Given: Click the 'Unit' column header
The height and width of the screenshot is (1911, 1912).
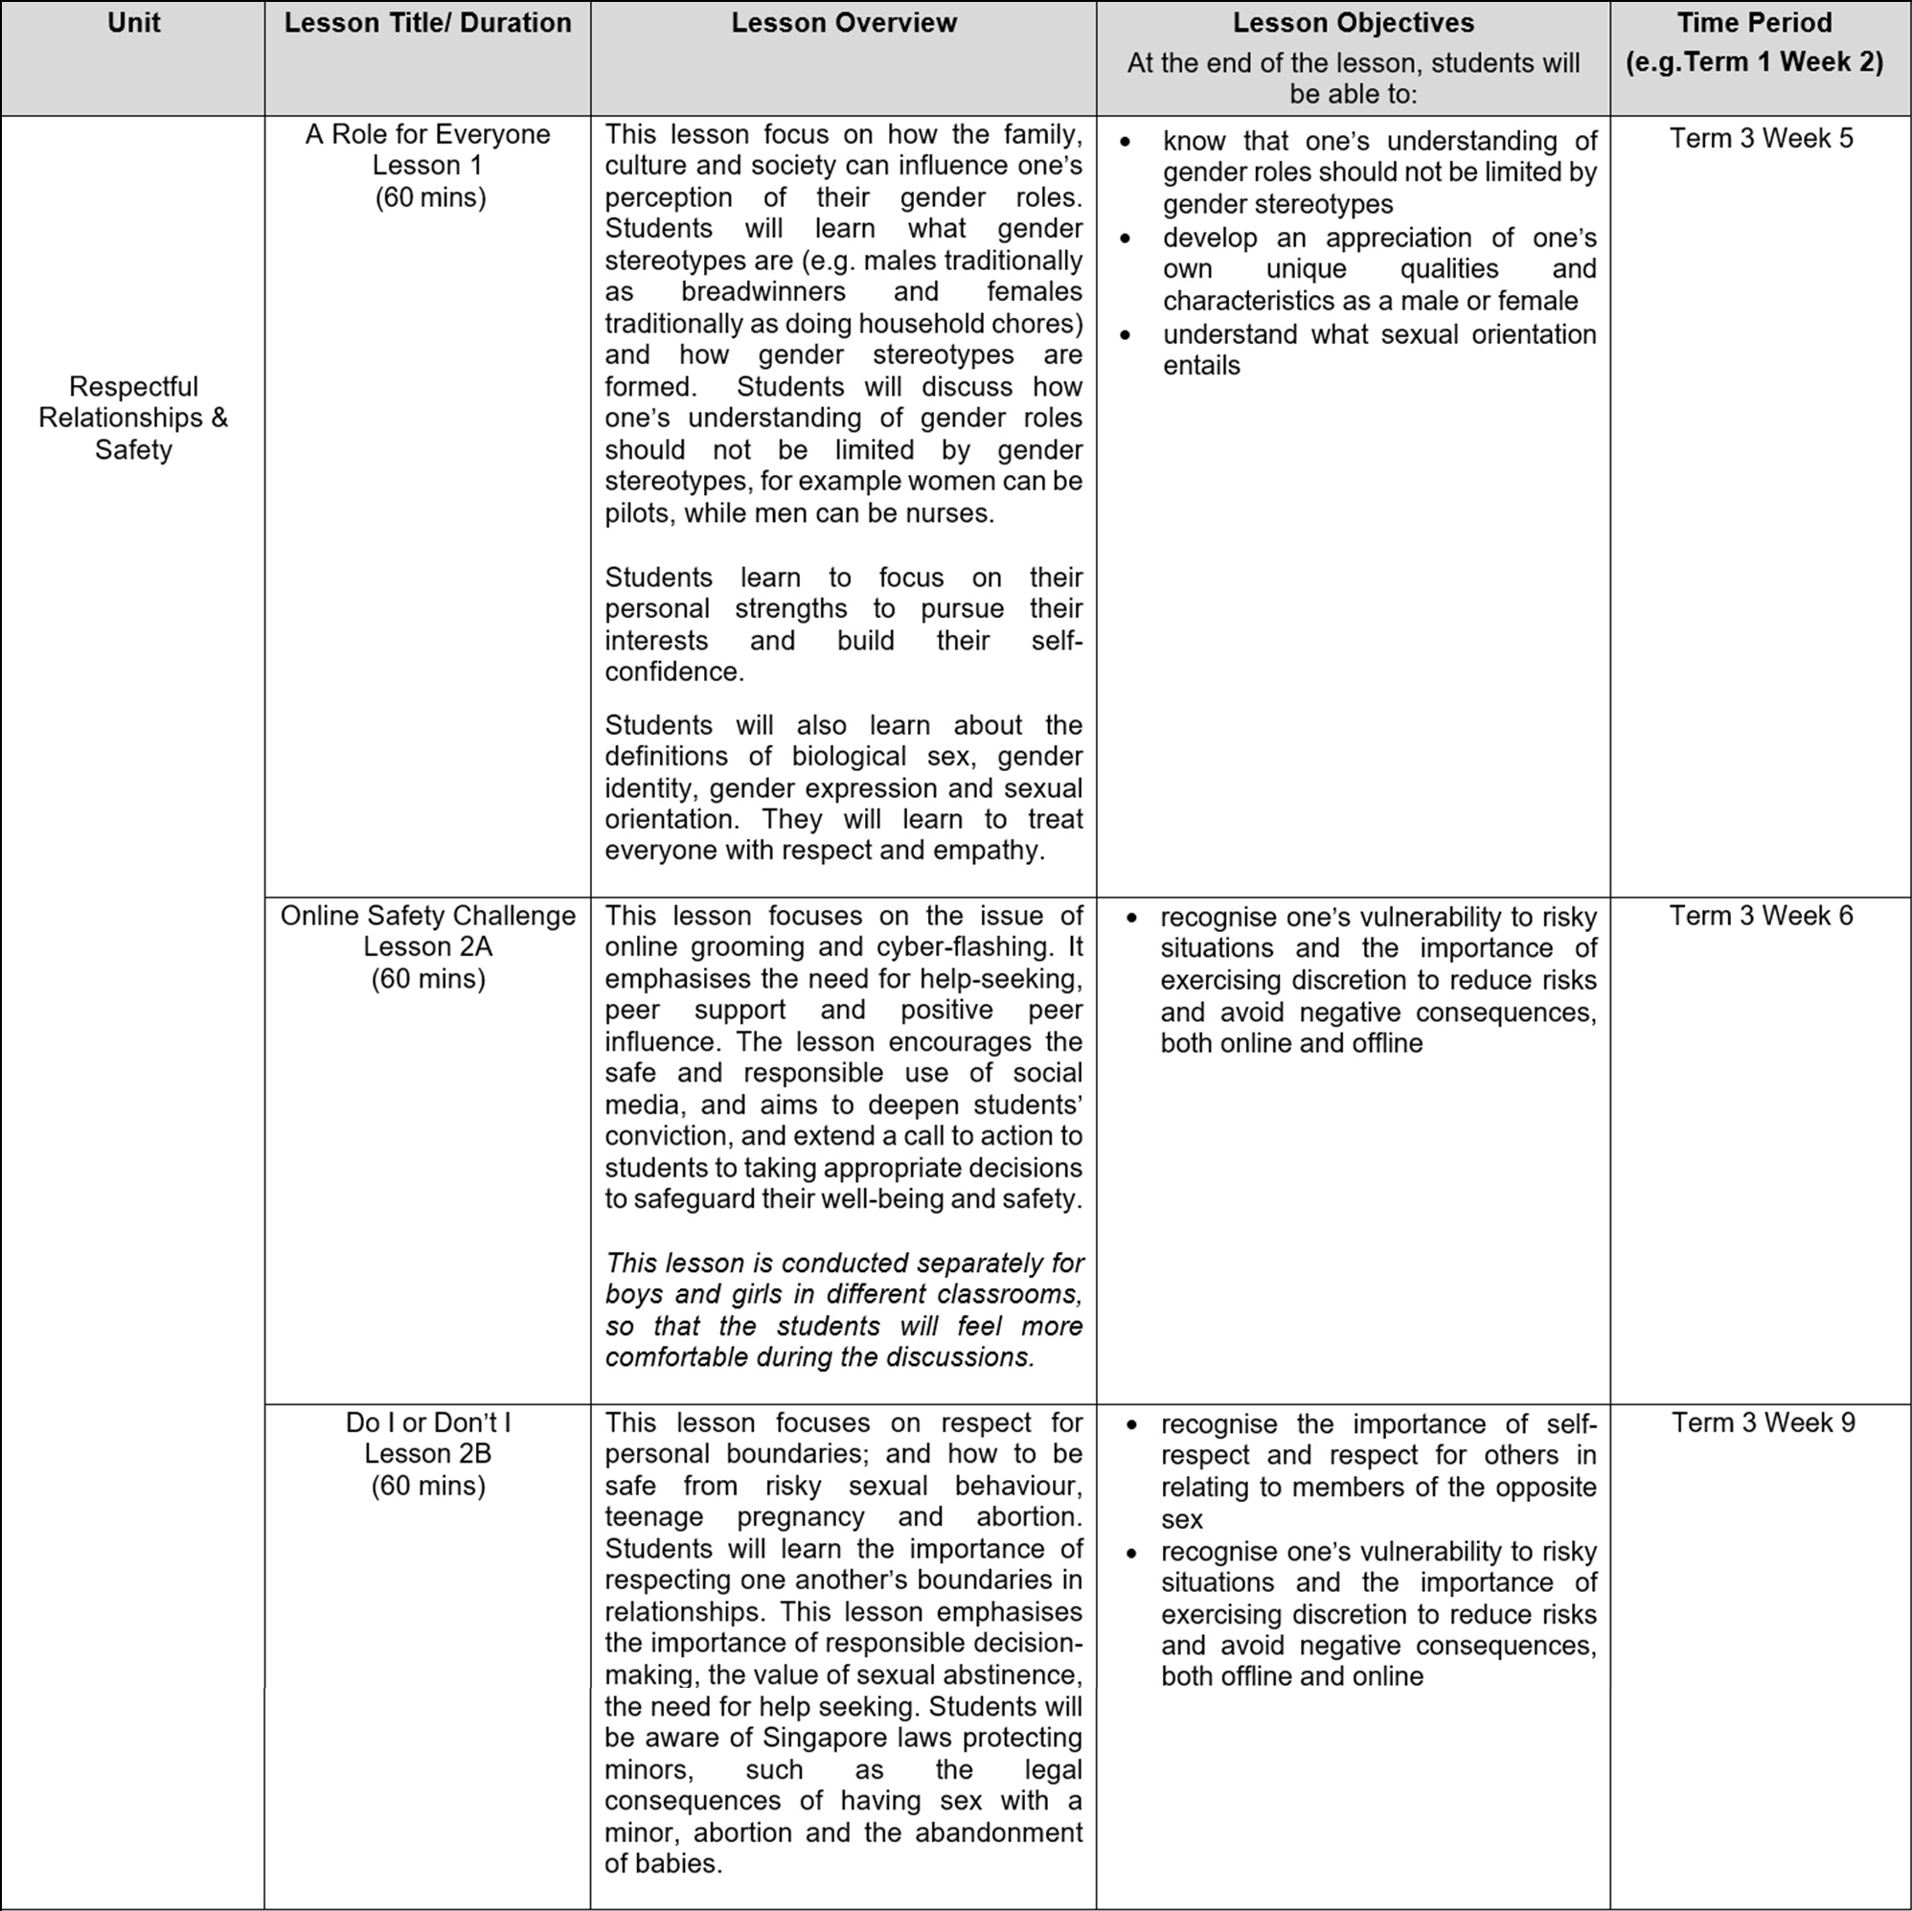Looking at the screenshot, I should (132, 23).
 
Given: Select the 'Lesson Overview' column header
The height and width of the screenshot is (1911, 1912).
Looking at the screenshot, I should (843, 23).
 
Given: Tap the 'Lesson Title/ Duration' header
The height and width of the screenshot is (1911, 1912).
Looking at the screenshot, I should (427, 23).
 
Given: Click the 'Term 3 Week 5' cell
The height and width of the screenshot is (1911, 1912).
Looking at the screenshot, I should (1761, 138).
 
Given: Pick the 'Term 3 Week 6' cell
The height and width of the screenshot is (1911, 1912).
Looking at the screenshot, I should (1761, 916).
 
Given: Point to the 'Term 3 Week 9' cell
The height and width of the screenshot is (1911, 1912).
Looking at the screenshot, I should (1763, 1422).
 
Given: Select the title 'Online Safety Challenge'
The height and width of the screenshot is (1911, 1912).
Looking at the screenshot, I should (427, 916).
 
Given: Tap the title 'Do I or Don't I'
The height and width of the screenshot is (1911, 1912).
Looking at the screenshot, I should (427, 1422).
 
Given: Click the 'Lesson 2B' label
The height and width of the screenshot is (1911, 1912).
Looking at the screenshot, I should (427, 1453).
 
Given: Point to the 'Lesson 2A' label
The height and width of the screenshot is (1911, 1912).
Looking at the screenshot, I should (427, 946).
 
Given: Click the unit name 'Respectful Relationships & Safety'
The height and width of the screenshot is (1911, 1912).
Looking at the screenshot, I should (132, 418).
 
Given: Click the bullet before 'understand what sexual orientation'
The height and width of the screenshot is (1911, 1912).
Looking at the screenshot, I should (1126, 335).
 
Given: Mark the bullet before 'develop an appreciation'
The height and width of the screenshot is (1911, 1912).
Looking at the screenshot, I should (1126, 239).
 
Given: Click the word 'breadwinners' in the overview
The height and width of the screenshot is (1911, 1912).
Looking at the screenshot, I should (763, 292).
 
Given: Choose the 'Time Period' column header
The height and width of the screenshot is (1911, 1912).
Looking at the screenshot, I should (1754, 23).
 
